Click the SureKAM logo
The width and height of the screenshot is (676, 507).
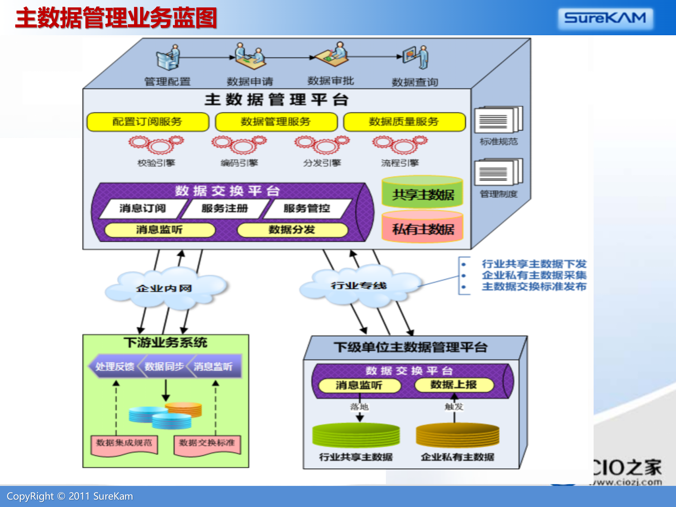click(605, 18)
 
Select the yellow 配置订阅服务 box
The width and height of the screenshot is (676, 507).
click(148, 122)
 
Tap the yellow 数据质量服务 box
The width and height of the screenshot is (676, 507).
click(404, 122)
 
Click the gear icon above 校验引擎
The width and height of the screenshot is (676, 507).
click(156, 145)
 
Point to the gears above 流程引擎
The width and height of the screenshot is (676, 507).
click(400, 145)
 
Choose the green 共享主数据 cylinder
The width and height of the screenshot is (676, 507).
click(423, 192)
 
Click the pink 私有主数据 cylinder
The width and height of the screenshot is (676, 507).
click(423, 227)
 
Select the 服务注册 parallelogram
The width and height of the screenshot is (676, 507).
click(225, 208)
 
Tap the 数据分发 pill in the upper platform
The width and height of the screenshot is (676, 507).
click(292, 230)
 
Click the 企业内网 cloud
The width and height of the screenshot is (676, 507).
click(164, 288)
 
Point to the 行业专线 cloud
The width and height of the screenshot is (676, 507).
click(359, 285)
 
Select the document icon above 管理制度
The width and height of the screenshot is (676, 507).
click(498, 172)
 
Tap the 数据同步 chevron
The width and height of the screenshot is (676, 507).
click(164, 367)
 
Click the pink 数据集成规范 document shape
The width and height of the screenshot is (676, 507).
click(124, 444)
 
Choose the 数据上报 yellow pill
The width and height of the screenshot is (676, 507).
click(454, 384)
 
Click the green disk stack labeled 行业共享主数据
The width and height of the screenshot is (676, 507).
click(356, 435)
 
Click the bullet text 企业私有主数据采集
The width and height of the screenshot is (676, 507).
click(534, 275)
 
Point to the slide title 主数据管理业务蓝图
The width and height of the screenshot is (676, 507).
click(116, 18)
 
